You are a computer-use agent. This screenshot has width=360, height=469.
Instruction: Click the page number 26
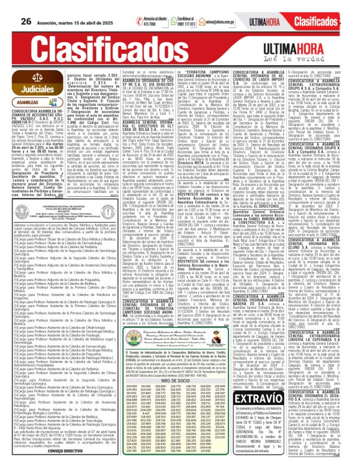pos(25,7)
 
